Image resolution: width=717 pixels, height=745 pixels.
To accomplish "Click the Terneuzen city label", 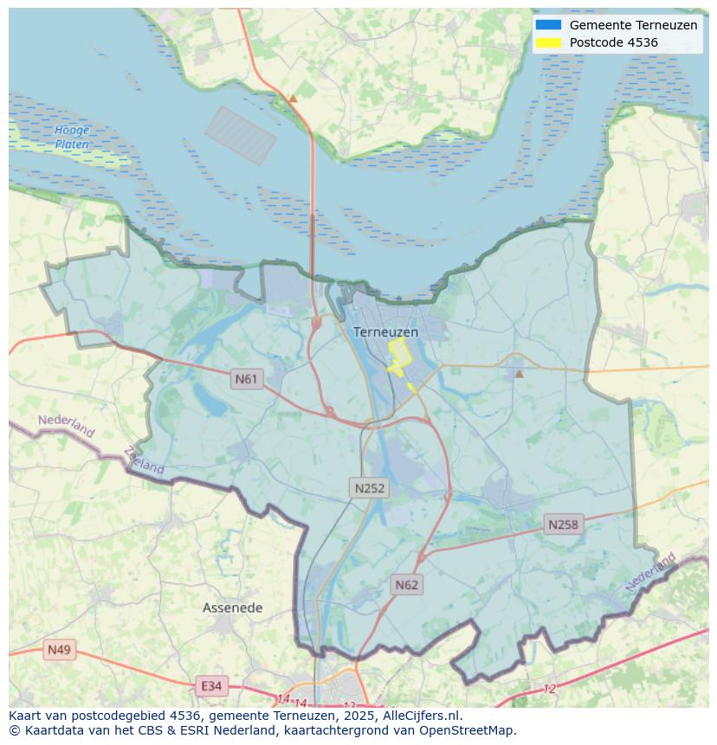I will click(385, 332).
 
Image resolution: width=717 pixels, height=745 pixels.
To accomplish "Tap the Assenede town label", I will click(232, 607).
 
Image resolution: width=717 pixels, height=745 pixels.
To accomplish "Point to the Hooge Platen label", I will click(72, 138).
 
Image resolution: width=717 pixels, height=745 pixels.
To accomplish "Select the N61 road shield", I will click(247, 379).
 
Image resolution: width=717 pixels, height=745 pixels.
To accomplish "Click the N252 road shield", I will click(370, 488).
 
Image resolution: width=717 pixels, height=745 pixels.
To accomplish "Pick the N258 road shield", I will click(563, 524).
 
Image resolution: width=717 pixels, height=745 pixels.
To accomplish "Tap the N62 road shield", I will click(406, 585).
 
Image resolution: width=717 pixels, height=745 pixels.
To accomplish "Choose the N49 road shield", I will click(60, 650).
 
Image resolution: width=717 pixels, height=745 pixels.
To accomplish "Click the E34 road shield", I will click(211, 686).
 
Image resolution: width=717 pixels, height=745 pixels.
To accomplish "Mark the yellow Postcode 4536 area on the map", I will click(398, 355).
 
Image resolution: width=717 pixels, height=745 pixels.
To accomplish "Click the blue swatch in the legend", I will click(548, 25).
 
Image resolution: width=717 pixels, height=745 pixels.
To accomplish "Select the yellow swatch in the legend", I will click(548, 42).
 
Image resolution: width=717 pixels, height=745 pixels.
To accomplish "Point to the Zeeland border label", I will click(144, 460).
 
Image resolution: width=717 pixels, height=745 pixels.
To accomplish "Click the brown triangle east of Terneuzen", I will click(520, 374).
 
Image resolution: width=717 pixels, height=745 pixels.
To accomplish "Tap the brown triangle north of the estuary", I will click(293, 99).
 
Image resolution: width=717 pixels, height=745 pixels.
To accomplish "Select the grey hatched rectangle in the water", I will click(241, 135).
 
